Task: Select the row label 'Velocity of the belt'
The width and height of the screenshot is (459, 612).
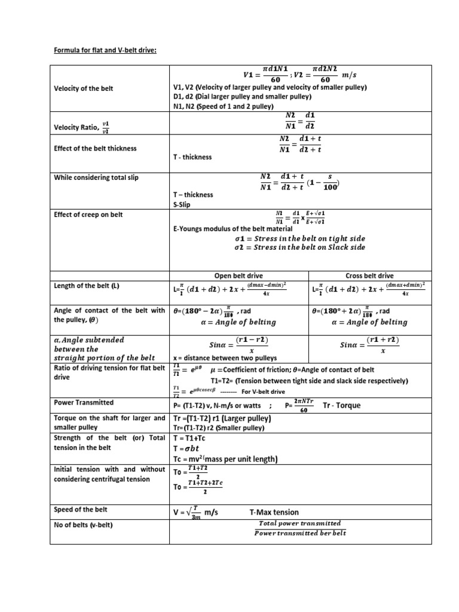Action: pyautogui.click(x=83, y=89)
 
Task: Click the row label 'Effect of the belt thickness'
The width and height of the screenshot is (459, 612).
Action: pyautogui.click(x=95, y=148)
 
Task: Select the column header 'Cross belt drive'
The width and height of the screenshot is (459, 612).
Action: pyautogui.click(x=369, y=276)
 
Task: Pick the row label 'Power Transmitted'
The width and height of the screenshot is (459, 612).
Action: pyautogui.click(x=84, y=402)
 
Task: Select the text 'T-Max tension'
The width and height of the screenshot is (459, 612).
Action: pyautogui.click(x=274, y=512)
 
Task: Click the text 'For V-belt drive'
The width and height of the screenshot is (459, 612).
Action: pyautogui.click(x=264, y=391)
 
